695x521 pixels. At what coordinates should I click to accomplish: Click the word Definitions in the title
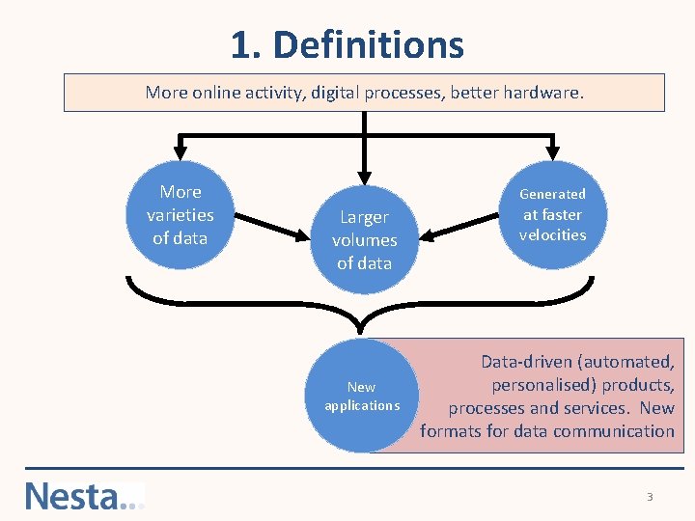369,44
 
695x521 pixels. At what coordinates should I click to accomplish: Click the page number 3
650,497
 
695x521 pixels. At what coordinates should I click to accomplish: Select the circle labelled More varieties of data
181,215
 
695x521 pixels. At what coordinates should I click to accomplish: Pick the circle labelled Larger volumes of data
364,239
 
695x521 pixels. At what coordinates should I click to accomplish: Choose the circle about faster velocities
552,215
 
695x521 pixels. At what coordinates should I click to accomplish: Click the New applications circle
362,396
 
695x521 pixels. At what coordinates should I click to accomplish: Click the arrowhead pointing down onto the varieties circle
180,151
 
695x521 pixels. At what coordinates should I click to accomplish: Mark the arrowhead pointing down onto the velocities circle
552,151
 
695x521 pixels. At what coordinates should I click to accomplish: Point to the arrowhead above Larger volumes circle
364,174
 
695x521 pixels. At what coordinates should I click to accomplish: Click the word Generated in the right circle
552,194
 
